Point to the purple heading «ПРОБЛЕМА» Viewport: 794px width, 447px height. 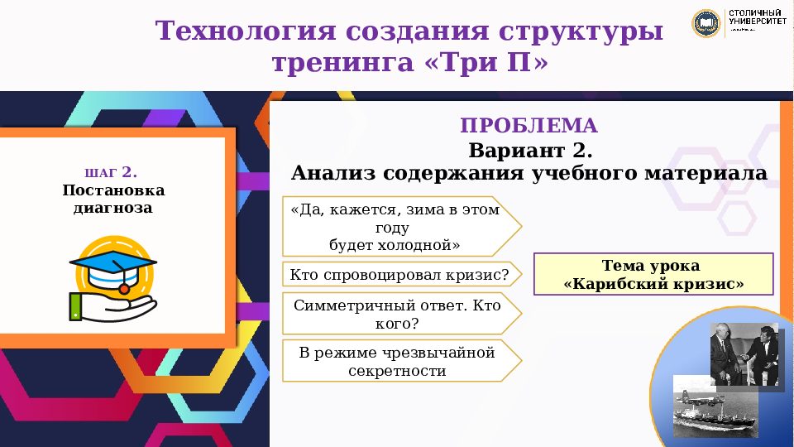coord(529,126)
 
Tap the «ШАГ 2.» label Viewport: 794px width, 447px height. coord(111,173)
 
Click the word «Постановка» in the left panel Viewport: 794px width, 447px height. coord(113,191)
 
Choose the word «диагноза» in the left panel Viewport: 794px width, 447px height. coord(113,208)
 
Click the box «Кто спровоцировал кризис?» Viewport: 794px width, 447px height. coord(401,274)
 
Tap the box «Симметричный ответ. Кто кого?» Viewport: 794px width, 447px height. coord(401,314)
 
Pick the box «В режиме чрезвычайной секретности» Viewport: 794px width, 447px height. coord(401,362)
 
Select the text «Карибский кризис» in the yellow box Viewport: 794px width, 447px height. coord(653,284)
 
